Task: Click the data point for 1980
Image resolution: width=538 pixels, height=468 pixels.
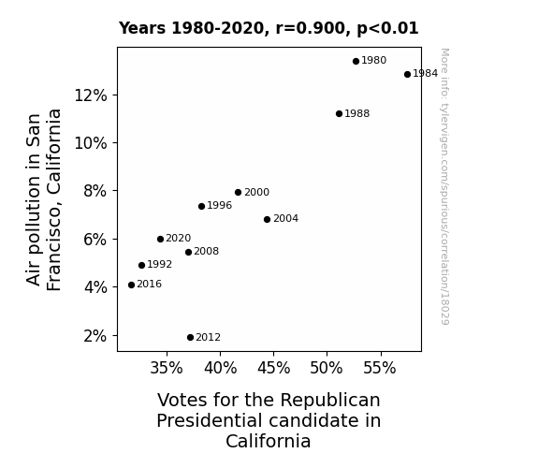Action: [356, 61]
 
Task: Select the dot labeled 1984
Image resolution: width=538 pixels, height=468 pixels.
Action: [407, 74]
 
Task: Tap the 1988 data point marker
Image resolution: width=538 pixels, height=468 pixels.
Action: [339, 113]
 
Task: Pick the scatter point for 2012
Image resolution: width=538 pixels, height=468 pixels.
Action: [191, 337]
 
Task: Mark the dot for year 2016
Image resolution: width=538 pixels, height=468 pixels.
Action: [131, 285]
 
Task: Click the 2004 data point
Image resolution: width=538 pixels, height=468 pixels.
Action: [268, 219]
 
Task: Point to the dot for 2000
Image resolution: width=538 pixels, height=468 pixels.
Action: [238, 192]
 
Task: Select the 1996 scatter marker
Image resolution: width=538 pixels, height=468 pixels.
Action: [201, 206]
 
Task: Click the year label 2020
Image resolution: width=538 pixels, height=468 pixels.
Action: [179, 238]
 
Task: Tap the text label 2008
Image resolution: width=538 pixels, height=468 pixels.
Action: [206, 252]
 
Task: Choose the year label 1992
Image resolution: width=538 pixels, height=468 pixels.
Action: [160, 264]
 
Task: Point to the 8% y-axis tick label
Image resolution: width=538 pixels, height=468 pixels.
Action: [95, 191]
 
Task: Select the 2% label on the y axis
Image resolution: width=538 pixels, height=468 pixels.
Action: [95, 336]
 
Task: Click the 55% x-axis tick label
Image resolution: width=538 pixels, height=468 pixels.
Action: [380, 368]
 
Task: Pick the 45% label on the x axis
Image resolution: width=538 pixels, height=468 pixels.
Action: [274, 368]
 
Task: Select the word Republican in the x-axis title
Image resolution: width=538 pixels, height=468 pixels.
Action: [330, 401]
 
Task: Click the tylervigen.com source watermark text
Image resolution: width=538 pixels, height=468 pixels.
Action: [444, 186]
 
